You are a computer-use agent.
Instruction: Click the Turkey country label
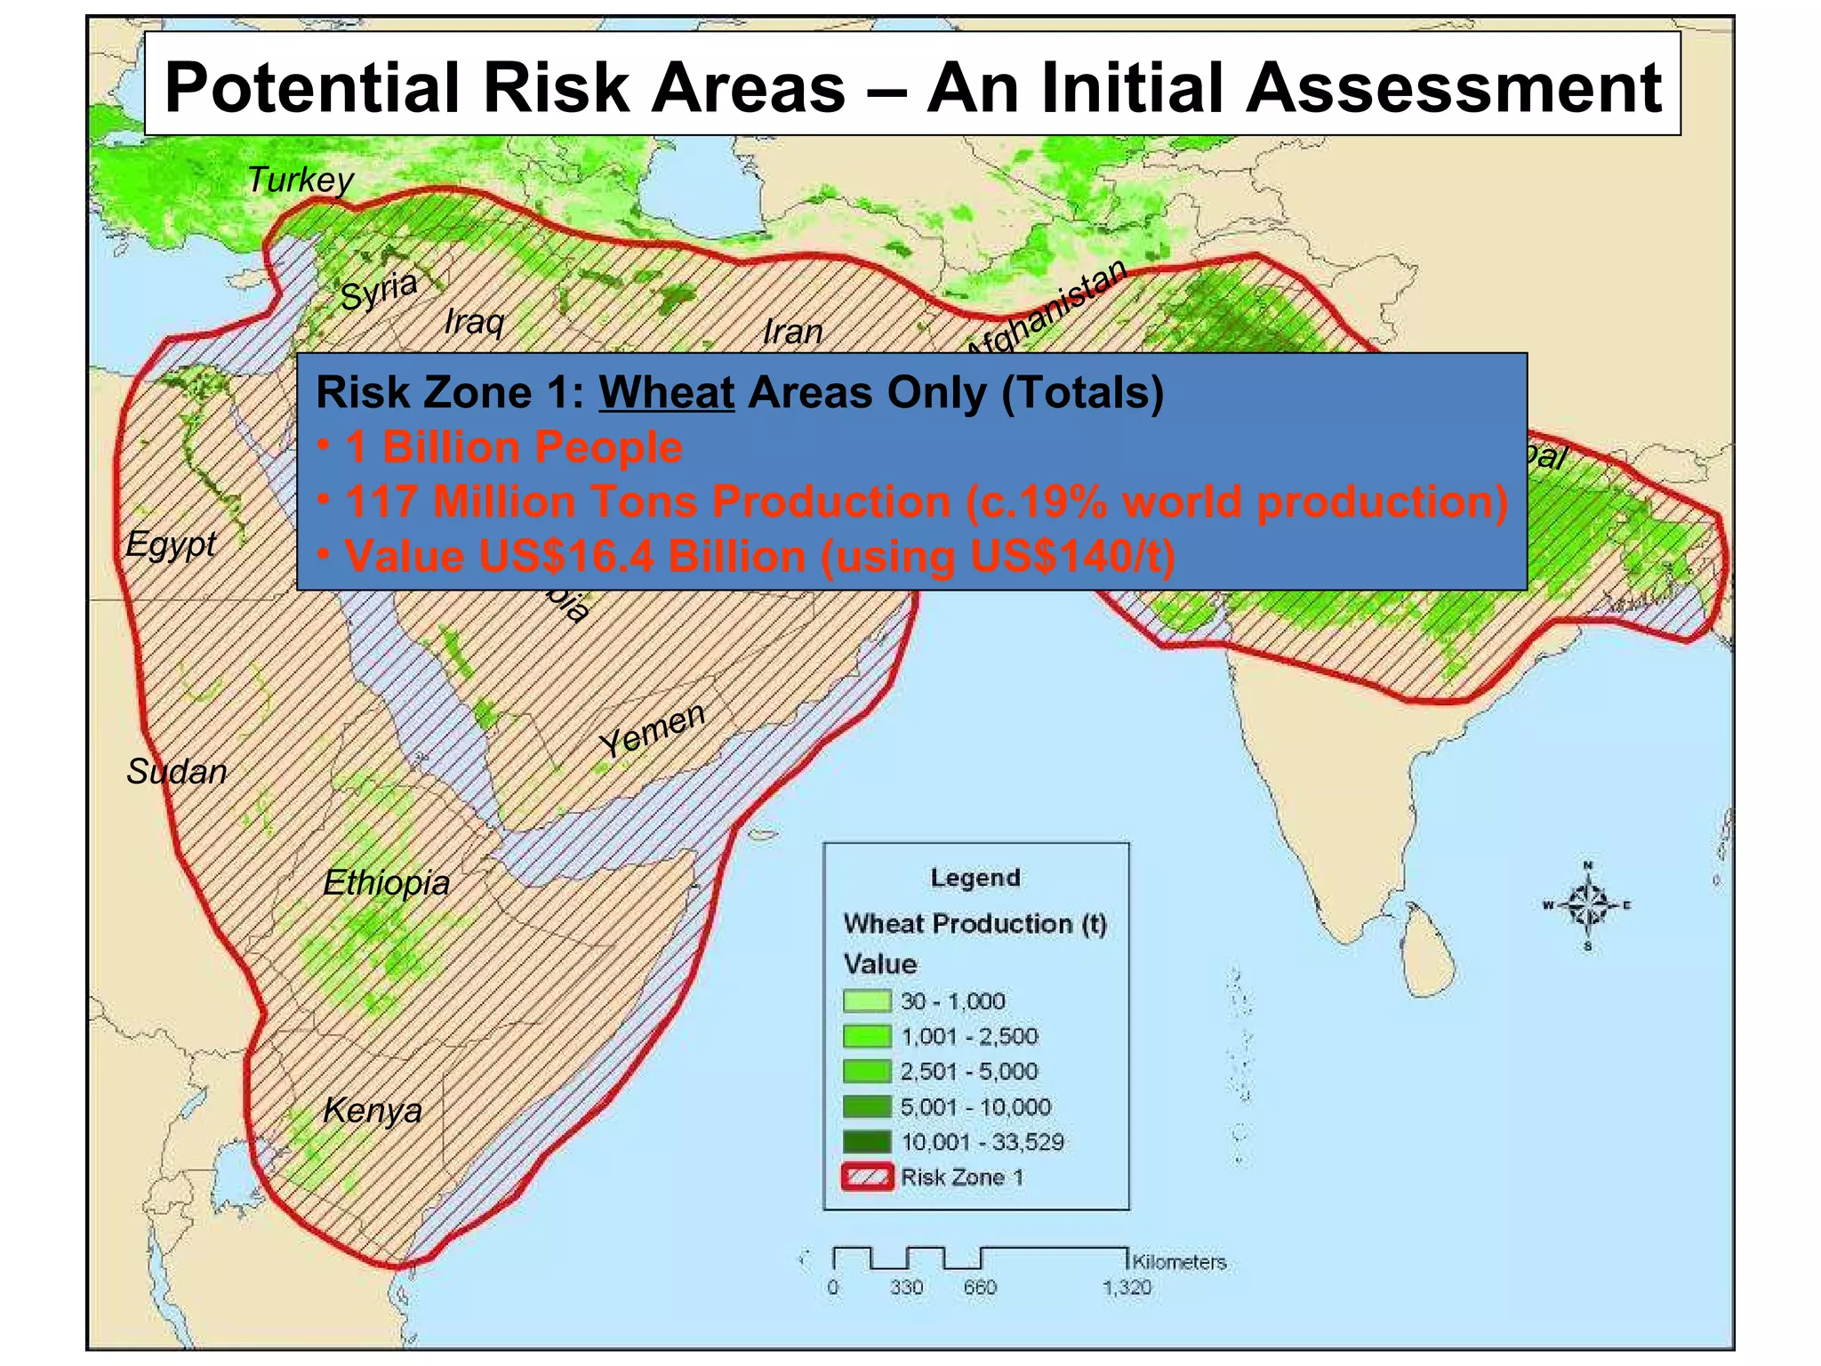pos(300,181)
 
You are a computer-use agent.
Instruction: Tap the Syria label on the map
pos(380,290)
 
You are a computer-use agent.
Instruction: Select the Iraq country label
pos(475,321)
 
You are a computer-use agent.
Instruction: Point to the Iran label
pos(792,333)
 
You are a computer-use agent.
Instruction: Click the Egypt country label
pos(171,543)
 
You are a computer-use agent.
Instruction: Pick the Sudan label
pos(177,771)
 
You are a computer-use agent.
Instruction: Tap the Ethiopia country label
pos(386,883)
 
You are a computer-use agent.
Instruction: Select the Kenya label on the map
pos(372,1110)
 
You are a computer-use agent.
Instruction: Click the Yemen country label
pos(653,730)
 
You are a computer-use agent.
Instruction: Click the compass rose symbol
pos(1588,906)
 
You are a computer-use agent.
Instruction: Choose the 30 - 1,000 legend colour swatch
pos(866,1001)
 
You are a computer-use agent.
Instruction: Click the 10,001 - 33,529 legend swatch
pos(866,1142)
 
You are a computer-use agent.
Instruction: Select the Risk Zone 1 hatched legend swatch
pos(866,1177)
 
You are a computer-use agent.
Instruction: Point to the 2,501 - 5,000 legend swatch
pos(866,1072)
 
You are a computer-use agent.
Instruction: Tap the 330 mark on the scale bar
pos(906,1288)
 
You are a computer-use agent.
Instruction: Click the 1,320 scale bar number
pos(1127,1288)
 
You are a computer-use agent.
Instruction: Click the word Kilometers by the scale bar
pos(1179,1262)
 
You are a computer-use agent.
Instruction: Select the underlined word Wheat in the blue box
pos(667,392)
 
